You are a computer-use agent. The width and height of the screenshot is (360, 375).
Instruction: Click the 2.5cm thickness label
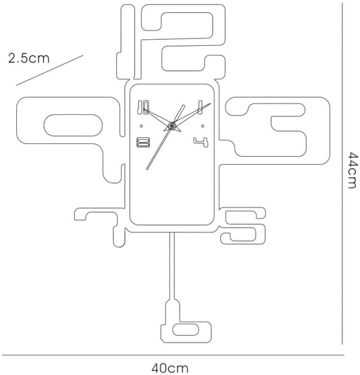[29, 58]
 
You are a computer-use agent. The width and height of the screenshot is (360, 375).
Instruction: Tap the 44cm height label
[352, 170]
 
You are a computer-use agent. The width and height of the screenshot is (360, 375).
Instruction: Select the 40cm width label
[170, 368]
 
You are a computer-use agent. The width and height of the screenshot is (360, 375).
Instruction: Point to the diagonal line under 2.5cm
[49, 70]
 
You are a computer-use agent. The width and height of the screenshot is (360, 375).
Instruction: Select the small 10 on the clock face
[143, 107]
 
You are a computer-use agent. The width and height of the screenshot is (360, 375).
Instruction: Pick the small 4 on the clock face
[201, 142]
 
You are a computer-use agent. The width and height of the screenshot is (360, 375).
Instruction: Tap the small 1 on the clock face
[201, 107]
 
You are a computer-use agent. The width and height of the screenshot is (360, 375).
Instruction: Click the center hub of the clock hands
[172, 125]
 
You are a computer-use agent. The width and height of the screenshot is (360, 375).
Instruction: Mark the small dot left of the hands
[142, 126]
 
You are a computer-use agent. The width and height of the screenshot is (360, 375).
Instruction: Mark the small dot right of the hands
[203, 126]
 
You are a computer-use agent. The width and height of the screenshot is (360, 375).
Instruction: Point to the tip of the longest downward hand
[147, 169]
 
